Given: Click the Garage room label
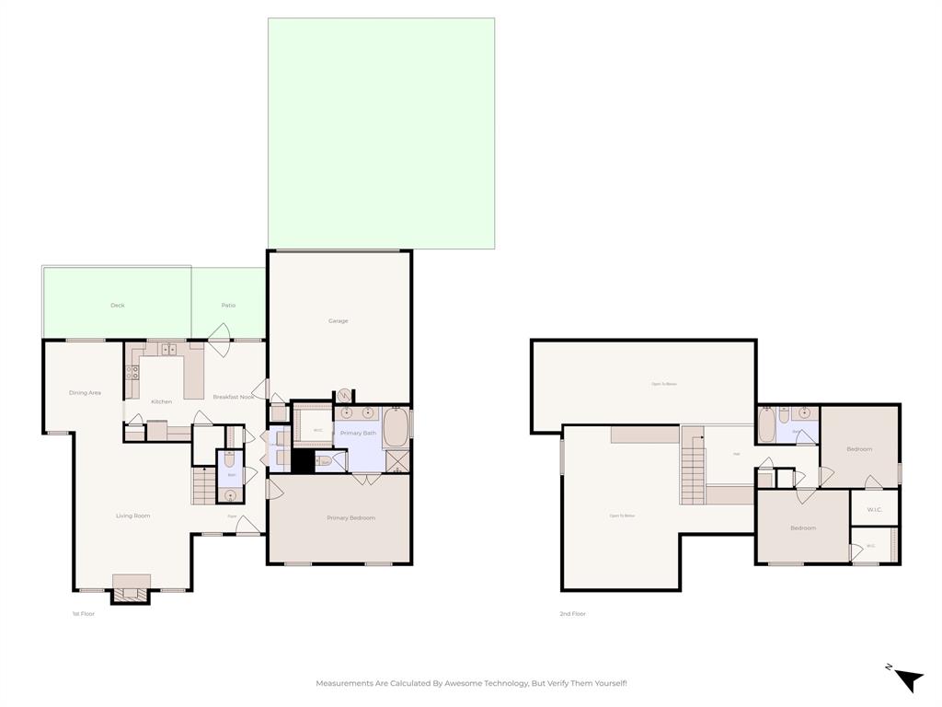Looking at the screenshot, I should [339, 321].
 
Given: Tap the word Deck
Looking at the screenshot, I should [118, 306].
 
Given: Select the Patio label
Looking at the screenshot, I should [228, 306].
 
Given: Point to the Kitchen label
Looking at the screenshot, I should [162, 402].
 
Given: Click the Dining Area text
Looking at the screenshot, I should [85, 393].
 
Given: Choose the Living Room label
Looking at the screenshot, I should [132, 516].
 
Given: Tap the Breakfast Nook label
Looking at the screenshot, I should [233, 397].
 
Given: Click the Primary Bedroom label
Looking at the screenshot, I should [350, 518].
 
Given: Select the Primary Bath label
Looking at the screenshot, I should [358, 433].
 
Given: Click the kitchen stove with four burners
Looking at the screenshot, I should [132, 373].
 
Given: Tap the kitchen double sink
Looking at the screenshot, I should [167, 350].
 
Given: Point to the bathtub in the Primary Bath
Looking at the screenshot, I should [396, 428].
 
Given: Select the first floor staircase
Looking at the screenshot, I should [203, 485].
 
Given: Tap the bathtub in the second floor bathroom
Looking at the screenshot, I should [767, 426].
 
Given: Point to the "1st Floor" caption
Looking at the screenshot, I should [83, 614].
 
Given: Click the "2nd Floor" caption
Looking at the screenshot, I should [572, 614].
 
